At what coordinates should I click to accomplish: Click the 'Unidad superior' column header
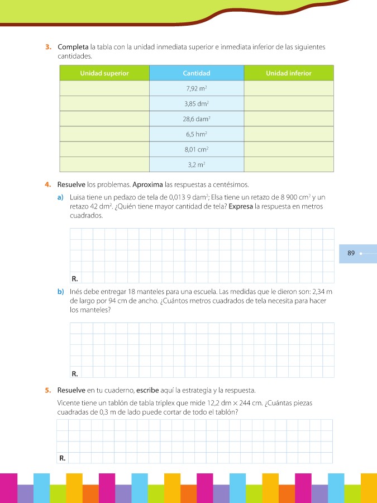104,73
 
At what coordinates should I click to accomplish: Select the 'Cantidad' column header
197,73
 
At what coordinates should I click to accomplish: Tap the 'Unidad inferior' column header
288,73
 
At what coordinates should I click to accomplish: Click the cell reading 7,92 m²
197,88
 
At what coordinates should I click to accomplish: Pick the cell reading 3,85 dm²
197,103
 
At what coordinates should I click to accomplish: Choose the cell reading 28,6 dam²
197,119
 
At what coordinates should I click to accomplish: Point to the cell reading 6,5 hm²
197,134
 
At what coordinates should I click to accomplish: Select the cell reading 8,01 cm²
197,149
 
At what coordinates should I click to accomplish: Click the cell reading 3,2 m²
197,165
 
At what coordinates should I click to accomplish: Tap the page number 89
351,253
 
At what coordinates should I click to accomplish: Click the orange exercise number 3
49,47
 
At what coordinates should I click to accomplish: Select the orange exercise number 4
49,184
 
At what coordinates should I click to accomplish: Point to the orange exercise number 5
49,390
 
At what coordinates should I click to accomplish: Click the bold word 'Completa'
73,47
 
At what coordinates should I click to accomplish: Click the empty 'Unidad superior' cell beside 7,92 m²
104,88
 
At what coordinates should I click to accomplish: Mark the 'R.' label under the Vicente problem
63,458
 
